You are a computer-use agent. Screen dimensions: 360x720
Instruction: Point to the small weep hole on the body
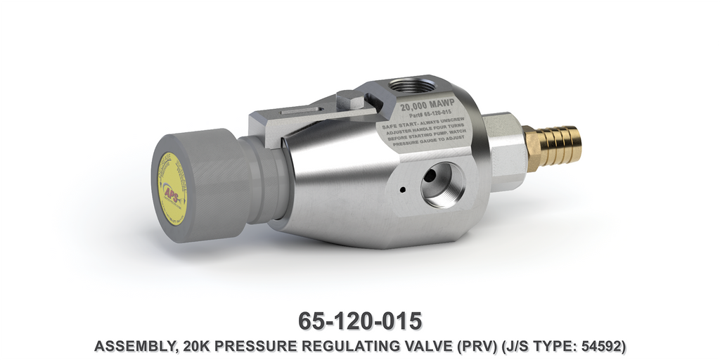point(401,190)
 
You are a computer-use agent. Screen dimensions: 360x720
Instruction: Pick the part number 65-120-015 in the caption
point(360,321)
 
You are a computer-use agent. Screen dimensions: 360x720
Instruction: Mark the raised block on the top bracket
point(354,98)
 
